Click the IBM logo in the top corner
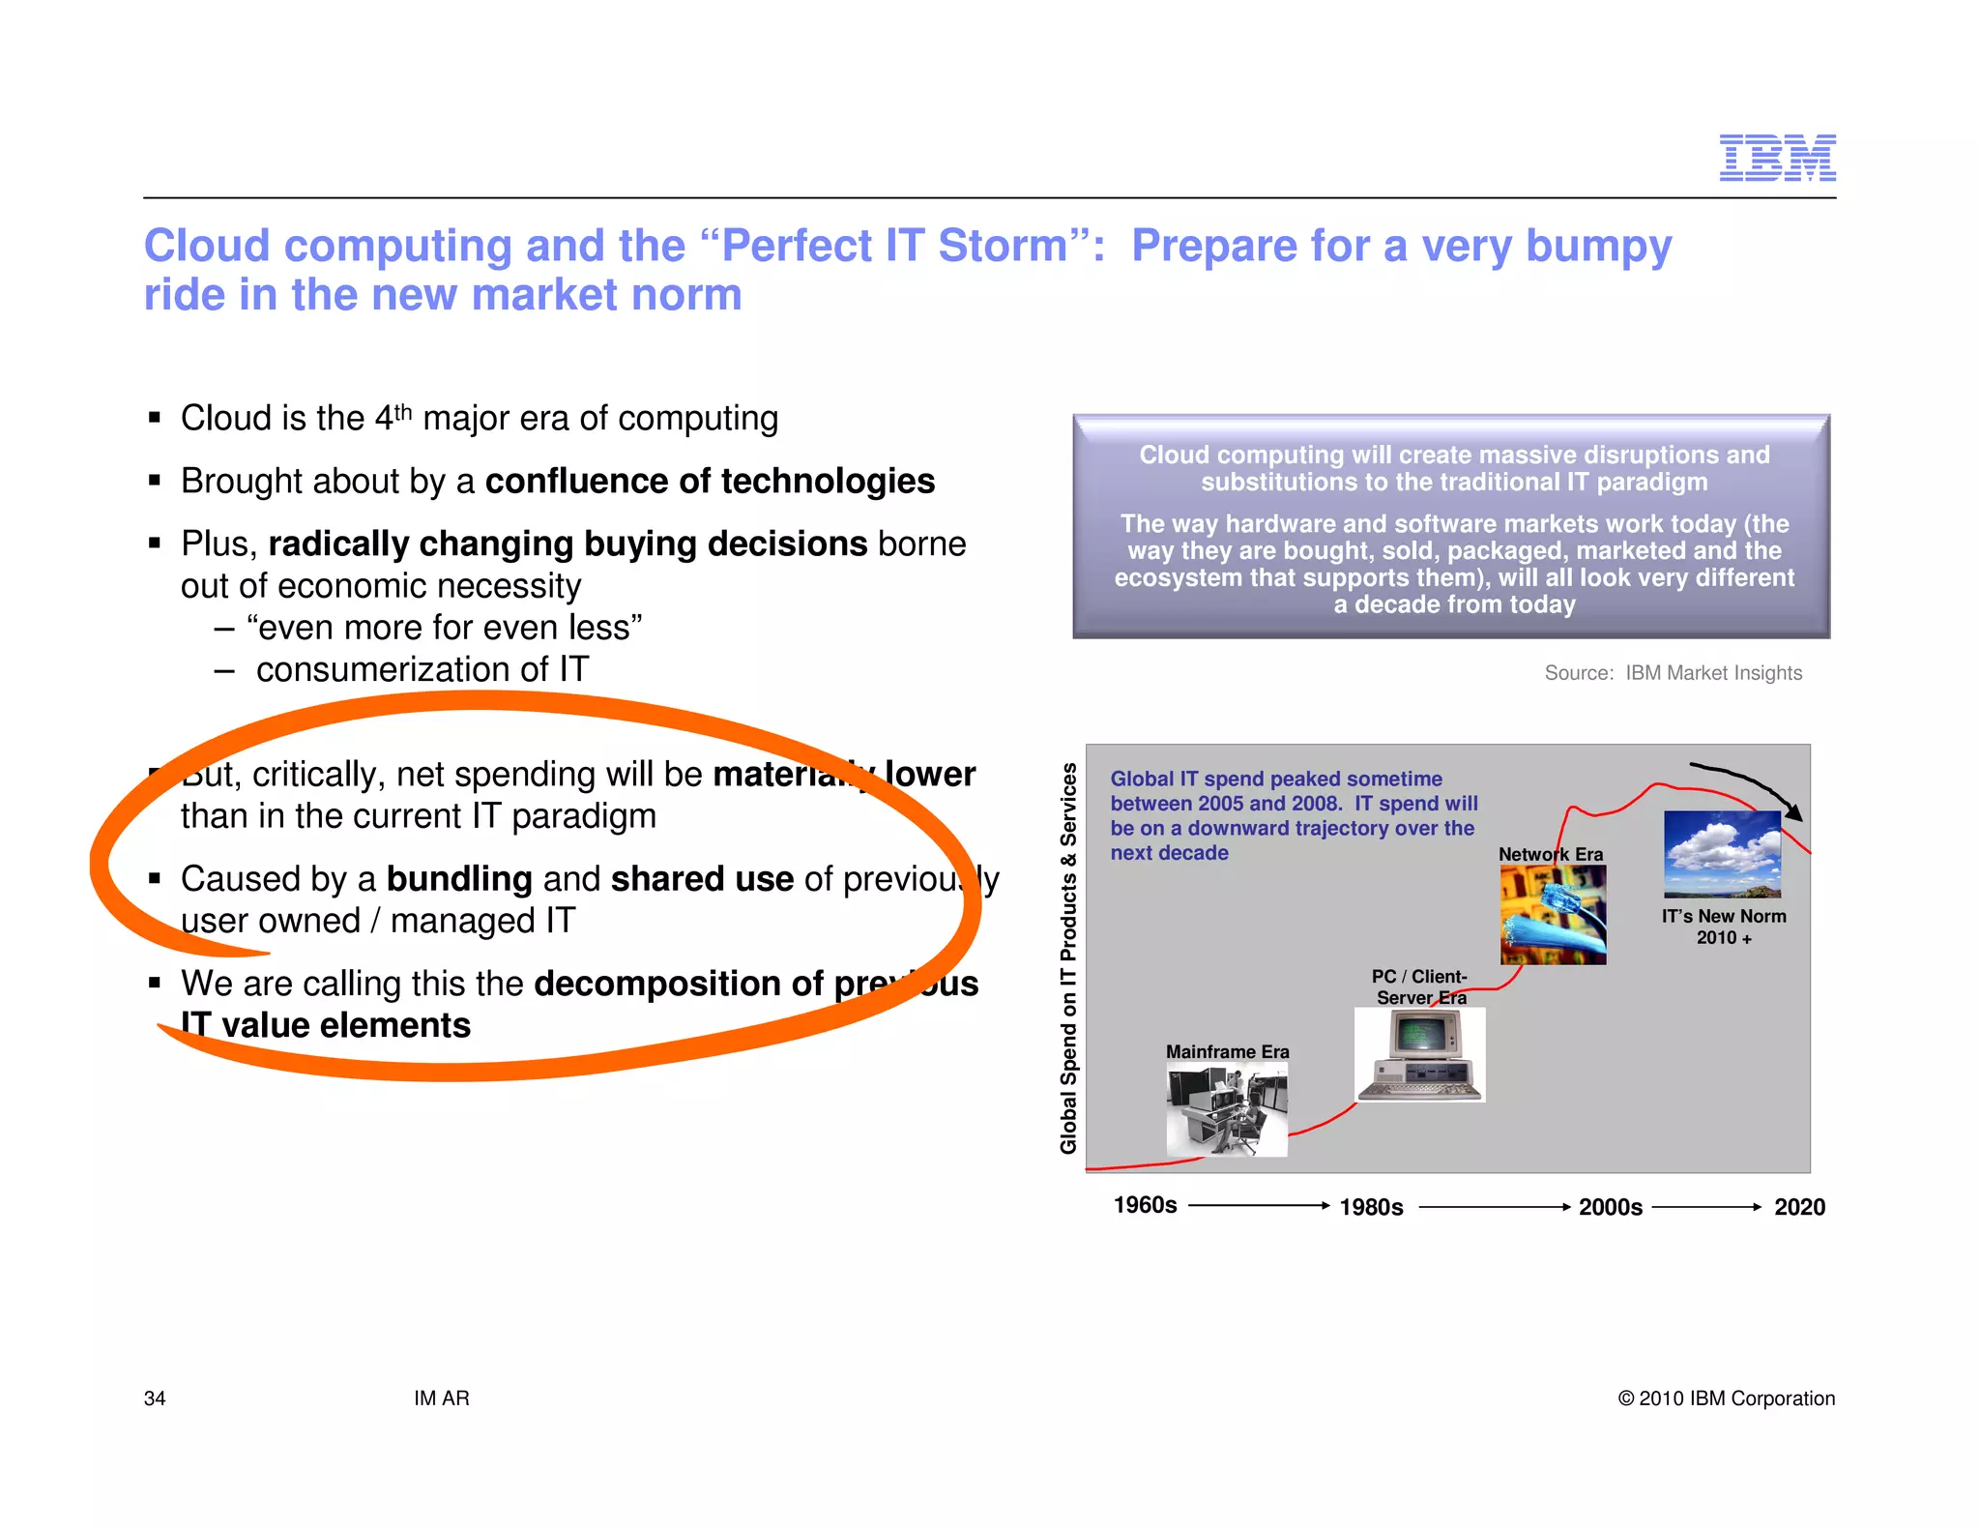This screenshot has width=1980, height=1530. [1777, 158]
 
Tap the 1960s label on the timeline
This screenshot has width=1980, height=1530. [1145, 1205]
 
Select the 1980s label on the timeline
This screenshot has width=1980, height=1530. [1371, 1207]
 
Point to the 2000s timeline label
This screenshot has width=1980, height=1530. [1610, 1207]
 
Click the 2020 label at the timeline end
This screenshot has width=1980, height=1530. [1799, 1207]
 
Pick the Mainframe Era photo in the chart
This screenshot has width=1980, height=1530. [1226, 1108]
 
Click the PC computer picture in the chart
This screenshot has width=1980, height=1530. [1419, 1054]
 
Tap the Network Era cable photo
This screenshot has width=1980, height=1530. [1553, 915]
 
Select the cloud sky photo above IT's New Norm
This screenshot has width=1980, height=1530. [1722, 854]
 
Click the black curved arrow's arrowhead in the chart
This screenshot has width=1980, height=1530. [1793, 812]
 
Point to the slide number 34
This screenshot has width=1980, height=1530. [155, 1398]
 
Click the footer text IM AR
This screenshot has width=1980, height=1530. [442, 1398]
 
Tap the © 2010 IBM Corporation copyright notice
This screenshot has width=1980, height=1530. [1726, 1398]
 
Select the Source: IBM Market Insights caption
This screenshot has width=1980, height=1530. [1673, 673]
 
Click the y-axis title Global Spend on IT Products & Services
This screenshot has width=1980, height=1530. [1068, 957]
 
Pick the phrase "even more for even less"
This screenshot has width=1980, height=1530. [445, 628]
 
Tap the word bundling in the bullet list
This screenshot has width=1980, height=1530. [459, 879]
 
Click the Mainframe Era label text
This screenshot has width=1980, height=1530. [1227, 1051]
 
